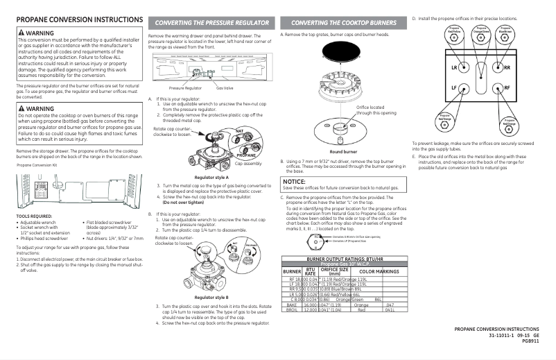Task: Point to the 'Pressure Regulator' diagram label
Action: tap(186, 89)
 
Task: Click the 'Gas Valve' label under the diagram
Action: tap(224, 89)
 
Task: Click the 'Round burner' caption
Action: tap(343, 151)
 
